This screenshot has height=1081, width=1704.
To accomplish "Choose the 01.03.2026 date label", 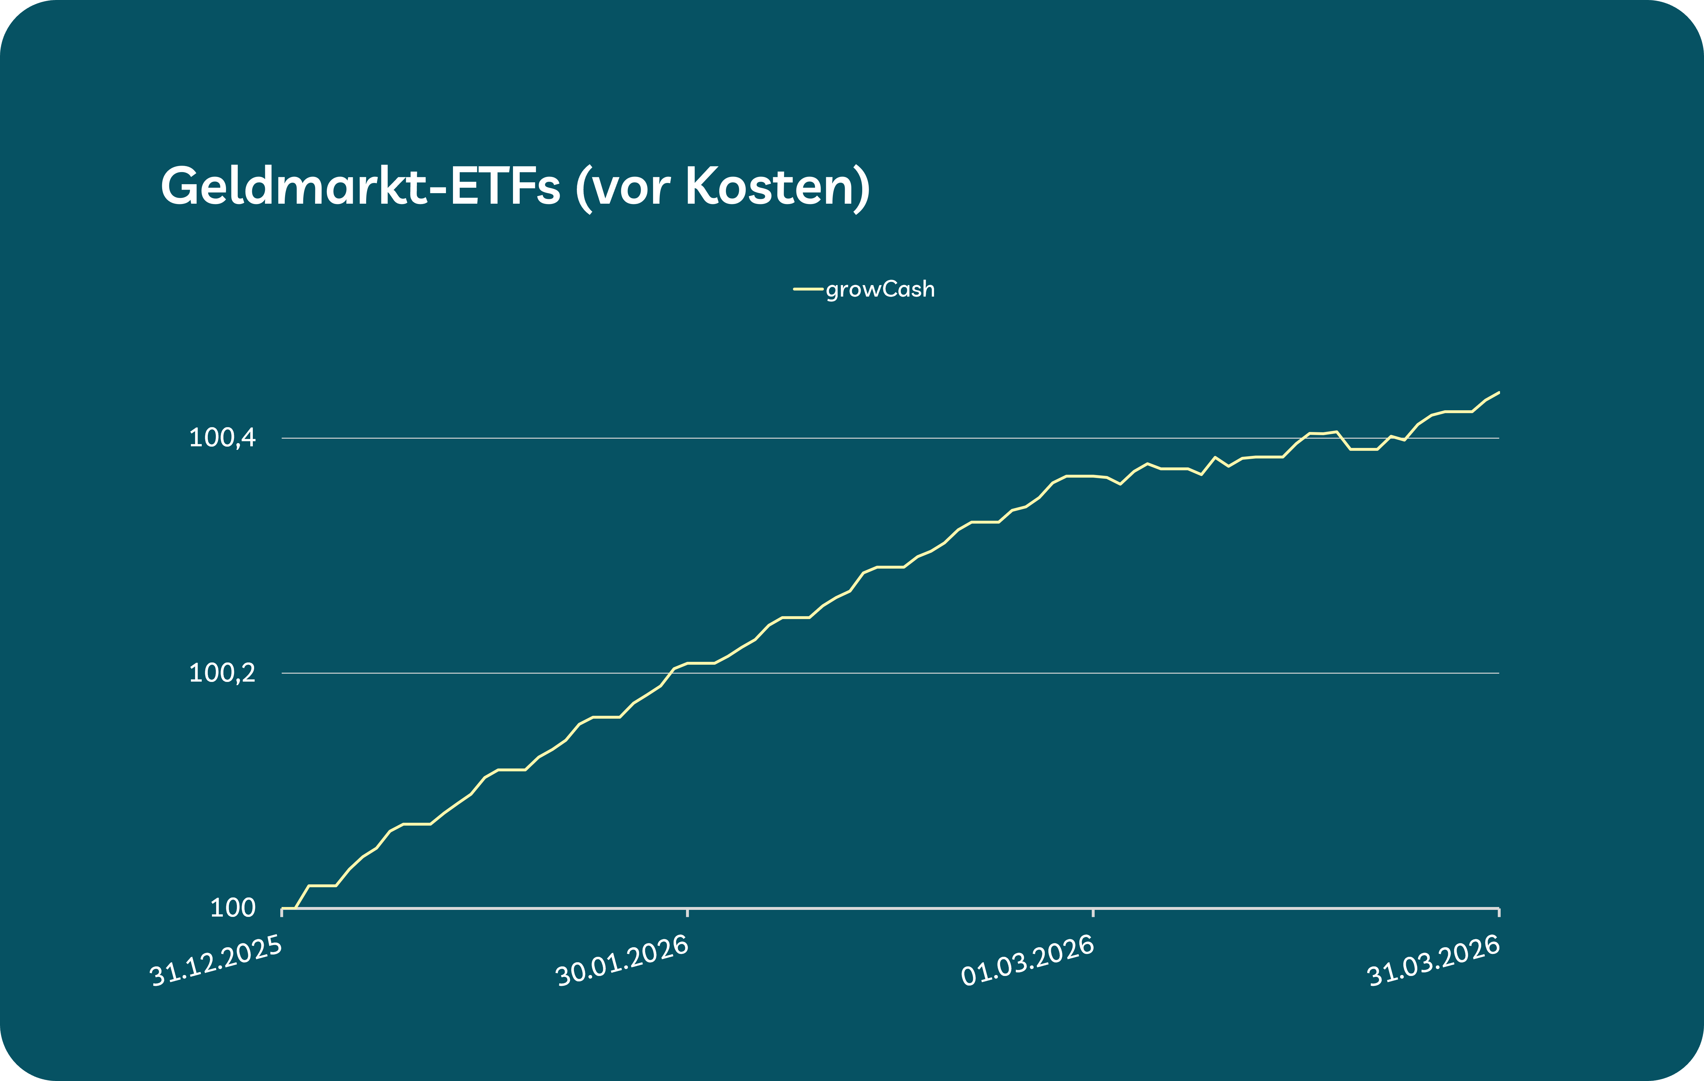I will pos(1028,961).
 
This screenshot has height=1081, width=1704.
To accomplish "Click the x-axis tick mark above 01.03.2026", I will pos(1093,912).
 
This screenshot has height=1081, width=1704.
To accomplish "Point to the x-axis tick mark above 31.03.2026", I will pos(1499,912).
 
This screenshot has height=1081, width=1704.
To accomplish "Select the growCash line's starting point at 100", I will pos(284,908).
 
